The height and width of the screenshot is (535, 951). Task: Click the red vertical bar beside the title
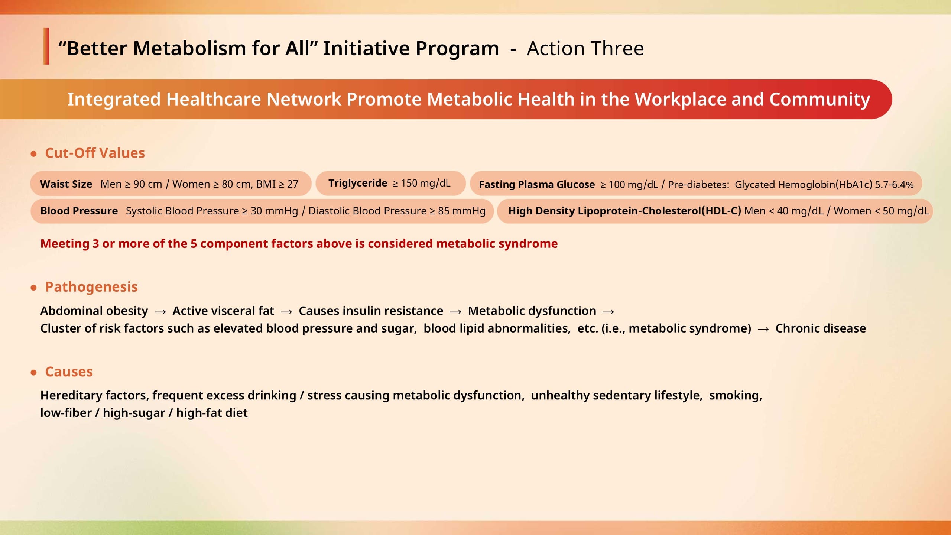(x=46, y=46)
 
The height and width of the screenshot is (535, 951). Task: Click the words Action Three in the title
(x=585, y=49)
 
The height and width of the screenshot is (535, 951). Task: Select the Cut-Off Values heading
(x=95, y=153)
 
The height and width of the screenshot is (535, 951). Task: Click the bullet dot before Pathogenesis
(x=34, y=288)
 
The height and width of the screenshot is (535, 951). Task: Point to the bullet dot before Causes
(x=34, y=372)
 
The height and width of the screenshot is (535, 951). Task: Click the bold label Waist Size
(x=66, y=184)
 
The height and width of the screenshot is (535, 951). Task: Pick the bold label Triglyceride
(x=358, y=183)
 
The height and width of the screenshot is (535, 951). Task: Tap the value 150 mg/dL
(x=426, y=183)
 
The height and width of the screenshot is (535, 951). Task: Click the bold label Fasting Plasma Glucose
(x=537, y=185)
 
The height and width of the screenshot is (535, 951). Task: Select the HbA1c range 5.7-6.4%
(x=894, y=185)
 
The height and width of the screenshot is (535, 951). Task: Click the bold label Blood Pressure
(x=79, y=211)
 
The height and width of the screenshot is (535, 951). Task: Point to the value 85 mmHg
(x=462, y=211)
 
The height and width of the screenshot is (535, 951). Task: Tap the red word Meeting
(x=65, y=244)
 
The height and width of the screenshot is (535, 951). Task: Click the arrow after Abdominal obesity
(x=160, y=312)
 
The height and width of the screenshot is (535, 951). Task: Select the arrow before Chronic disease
(x=763, y=329)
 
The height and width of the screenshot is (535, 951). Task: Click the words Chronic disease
(x=821, y=328)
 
